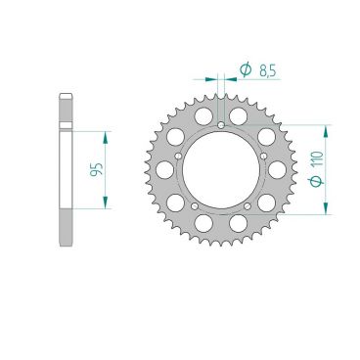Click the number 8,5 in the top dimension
(266, 70)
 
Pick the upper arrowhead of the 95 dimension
(104, 134)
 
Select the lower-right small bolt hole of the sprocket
(249, 206)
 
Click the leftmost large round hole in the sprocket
(164, 167)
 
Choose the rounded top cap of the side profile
(66, 96)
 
